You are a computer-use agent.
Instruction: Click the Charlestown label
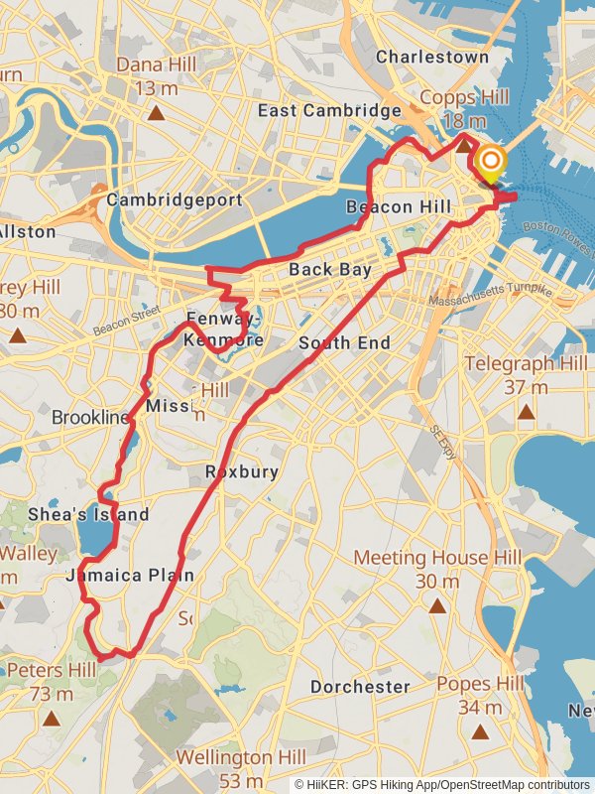click(x=432, y=57)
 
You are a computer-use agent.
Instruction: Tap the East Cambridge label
click(x=329, y=110)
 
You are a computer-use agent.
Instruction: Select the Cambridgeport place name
click(x=175, y=199)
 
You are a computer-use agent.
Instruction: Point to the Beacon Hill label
click(x=399, y=206)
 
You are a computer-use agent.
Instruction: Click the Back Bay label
click(x=331, y=269)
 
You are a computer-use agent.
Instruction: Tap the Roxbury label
click(x=241, y=471)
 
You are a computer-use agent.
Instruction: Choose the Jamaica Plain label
click(x=129, y=575)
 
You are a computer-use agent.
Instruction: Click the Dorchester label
click(x=360, y=687)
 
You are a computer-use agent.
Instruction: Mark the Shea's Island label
click(x=101, y=514)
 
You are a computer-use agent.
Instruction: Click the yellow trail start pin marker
click(x=490, y=163)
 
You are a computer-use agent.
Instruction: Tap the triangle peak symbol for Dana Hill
click(x=156, y=112)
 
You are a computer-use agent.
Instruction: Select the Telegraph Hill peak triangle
click(x=526, y=411)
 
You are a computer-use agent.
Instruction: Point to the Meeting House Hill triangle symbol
click(x=437, y=603)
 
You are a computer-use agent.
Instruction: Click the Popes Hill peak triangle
click(x=481, y=732)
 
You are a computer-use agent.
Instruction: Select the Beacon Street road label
click(x=126, y=321)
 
